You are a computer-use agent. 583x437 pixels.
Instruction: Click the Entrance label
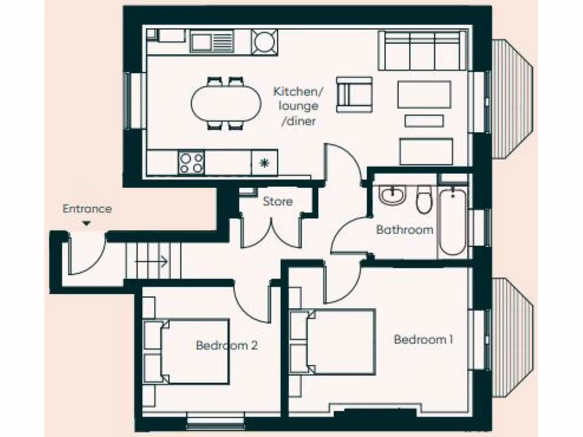click(87, 209)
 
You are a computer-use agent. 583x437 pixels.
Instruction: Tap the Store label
click(278, 201)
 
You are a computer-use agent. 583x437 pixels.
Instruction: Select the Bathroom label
click(404, 230)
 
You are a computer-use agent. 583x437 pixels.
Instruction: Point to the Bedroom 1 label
click(424, 340)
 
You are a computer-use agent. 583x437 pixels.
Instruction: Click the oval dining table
click(225, 103)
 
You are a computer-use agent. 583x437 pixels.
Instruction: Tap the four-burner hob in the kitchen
click(191, 163)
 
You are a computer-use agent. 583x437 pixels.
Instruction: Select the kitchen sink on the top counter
click(212, 41)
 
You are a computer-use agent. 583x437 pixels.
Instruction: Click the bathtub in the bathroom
click(453, 222)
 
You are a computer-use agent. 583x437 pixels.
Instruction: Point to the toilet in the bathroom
click(424, 200)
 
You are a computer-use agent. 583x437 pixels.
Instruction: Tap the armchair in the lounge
click(354, 94)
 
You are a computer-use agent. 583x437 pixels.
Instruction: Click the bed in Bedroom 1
click(334, 342)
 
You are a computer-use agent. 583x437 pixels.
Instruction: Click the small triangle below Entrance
click(86, 224)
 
